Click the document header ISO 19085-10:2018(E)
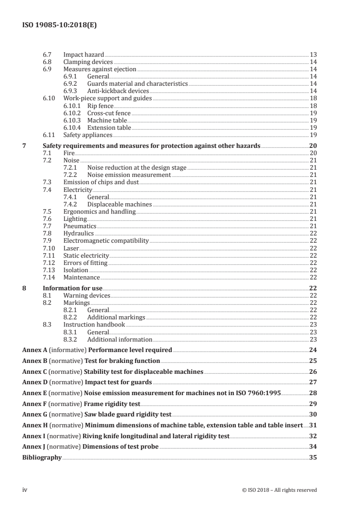click(59, 26)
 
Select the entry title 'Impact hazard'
click(84, 54)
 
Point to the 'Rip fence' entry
click(100, 105)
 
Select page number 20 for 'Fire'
click(313, 153)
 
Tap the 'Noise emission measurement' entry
click(129, 175)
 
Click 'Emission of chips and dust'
click(101, 182)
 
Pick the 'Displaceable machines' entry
click(119, 204)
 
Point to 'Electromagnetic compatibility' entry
click(106, 240)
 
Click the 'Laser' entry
click(71, 248)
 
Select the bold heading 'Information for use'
click(72, 288)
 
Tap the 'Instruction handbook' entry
click(94, 325)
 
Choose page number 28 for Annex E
click(313, 393)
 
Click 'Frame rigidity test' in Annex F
click(113, 403)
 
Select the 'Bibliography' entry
click(42, 457)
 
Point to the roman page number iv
click(25, 490)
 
